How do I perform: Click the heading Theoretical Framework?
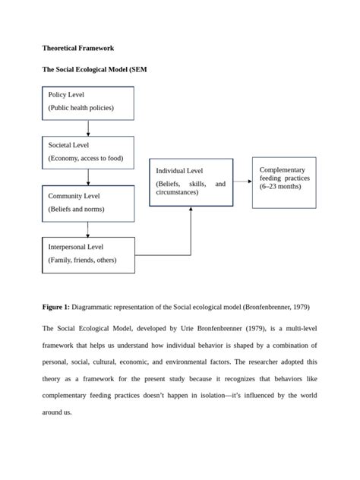(x=78, y=48)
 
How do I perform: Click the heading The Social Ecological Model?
(x=93, y=69)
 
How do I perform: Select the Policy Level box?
(x=88, y=103)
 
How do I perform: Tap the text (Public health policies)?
(x=81, y=109)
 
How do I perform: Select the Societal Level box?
(x=88, y=153)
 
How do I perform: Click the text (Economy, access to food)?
(x=85, y=159)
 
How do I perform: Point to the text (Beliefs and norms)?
(x=76, y=209)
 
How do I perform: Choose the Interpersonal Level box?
(x=88, y=254)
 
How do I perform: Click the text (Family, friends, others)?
(x=83, y=260)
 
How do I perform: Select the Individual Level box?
(x=191, y=182)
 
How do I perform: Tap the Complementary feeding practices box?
(x=283, y=182)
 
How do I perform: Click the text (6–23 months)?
(x=279, y=187)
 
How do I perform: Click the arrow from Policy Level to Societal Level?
(x=88, y=128)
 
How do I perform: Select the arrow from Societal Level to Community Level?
(x=88, y=177)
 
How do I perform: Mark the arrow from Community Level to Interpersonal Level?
(x=88, y=229)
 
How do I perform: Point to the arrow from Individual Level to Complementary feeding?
(x=242, y=182)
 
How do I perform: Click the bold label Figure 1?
(x=55, y=307)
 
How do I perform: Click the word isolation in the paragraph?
(x=191, y=396)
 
